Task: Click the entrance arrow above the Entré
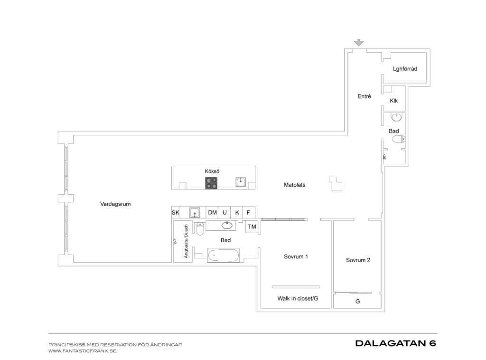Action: pyautogui.click(x=359, y=42)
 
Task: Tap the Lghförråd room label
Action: pyautogui.click(x=405, y=69)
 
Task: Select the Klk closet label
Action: pyautogui.click(x=393, y=101)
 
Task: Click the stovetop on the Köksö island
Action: pyautogui.click(x=211, y=183)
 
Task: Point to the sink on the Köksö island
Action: pyautogui.click(x=241, y=182)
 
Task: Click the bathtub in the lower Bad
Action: pyautogui.click(x=223, y=256)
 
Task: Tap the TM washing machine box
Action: pyautogui.click(x=252, y=227)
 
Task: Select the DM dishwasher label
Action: pyautogui.click(x=212, y=212)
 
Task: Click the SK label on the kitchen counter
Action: pyautogui.click(x=176, y=213)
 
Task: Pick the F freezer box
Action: pyautogui.click(x=249, y=212)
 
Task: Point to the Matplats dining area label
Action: pyautogui.click(x=294, y=185)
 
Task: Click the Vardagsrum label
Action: pyautogui.click(x=115, y=204)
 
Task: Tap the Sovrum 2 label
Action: pyautogui.click(x=358, y=260)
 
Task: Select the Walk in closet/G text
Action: pyautogui.click(x=298, y=299)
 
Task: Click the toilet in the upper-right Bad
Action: pyautogui.click(x=399, y=139)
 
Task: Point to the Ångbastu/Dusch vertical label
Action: pyautogui.click(x=186, y=241)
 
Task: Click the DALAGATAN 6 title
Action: pyautogui.click(x=396, y=343)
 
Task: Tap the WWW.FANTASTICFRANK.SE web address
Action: pyautogui.click(x=83, y=351)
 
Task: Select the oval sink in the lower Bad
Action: pyautogui.click(x=227, y=225)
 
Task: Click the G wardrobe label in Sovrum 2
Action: pyautogui.click(x=357, y=302)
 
